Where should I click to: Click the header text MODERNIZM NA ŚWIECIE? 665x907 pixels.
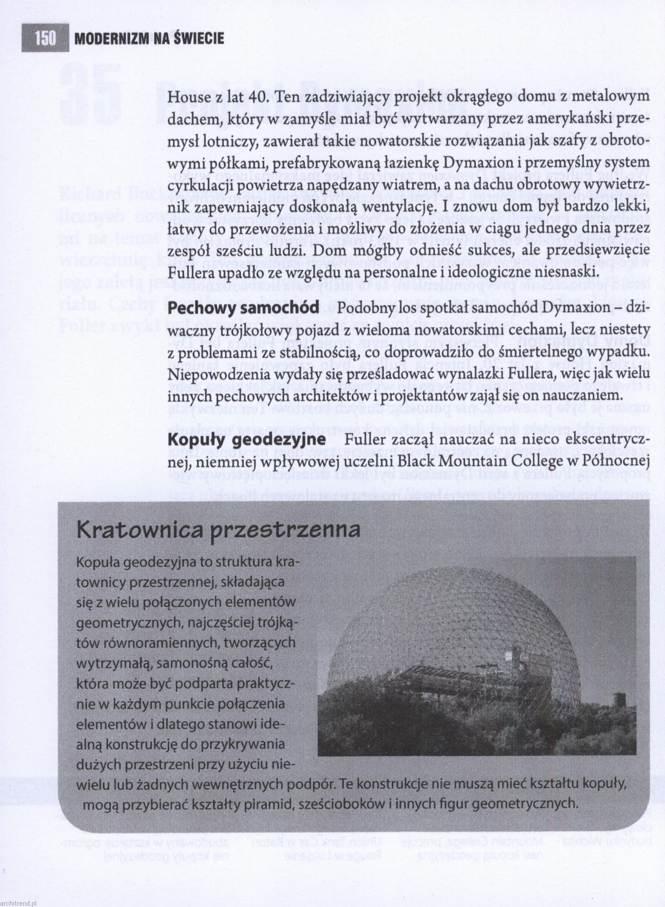[149, 39]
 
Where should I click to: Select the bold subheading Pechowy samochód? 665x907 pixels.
[243, 308]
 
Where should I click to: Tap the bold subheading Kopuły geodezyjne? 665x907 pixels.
[247, 440]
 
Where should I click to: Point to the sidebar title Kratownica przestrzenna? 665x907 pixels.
[218, 530]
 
